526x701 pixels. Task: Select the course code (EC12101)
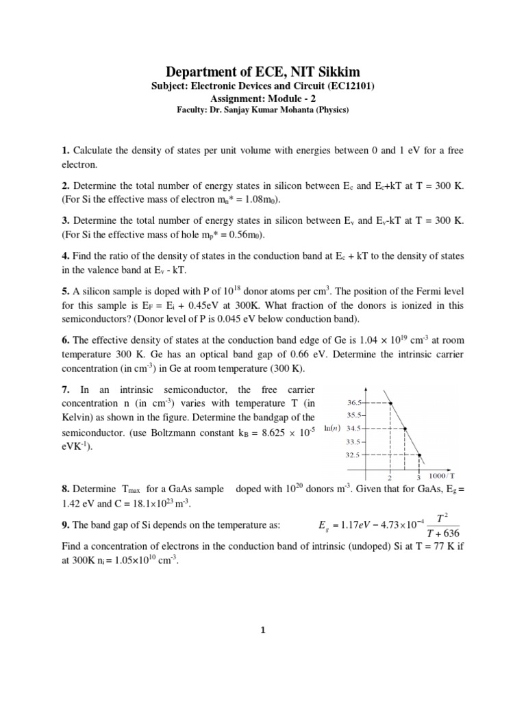(x=346, y=86)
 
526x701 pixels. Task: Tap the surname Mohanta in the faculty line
(x=299, y=109)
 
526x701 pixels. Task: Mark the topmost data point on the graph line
(x=391, y=403)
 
